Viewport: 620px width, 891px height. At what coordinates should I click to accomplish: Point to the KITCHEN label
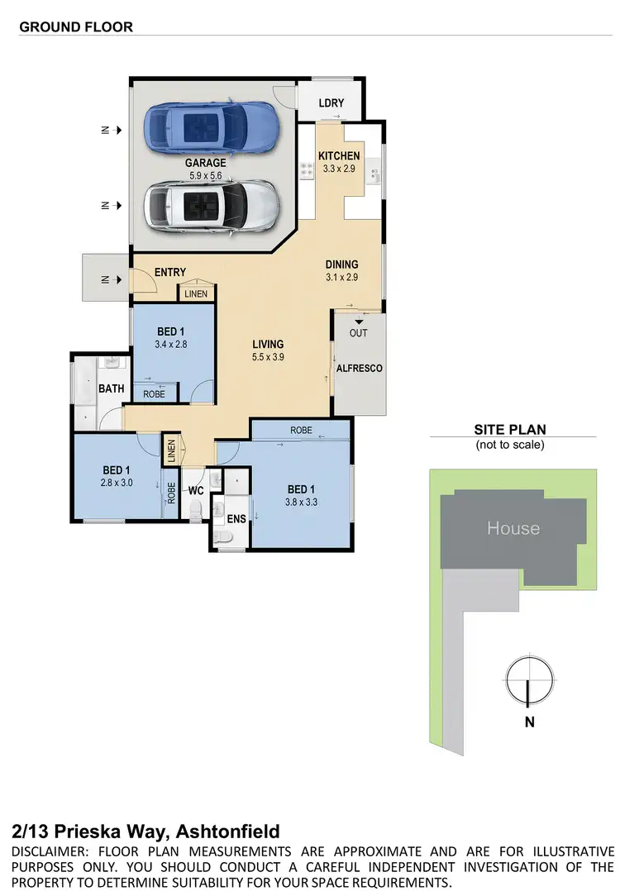tap(339, 155)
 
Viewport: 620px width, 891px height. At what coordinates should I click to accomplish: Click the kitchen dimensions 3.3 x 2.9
tap(339, 169)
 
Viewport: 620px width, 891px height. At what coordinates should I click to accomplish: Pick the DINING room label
tap(341, 264)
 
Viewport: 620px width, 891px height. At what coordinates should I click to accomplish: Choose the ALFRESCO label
tap(360, 368)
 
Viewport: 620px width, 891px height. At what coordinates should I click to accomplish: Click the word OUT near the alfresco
tap(358, 333)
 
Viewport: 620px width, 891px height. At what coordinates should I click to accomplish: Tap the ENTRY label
tap(170, 273)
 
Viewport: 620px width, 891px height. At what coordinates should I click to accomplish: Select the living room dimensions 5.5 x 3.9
tap(268, 358)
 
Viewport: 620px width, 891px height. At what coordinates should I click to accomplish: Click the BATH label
tap(111, 388)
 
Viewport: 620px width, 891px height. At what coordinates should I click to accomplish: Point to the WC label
tap(196, 491)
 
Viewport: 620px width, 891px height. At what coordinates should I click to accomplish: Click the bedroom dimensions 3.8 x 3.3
tap(302, 501)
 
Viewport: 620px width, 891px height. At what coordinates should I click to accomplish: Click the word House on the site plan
tap(513, 527)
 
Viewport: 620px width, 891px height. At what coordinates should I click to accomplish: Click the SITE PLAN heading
tap(509, 430)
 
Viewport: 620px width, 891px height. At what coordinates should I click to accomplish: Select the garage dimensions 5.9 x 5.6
tap(205, 175)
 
